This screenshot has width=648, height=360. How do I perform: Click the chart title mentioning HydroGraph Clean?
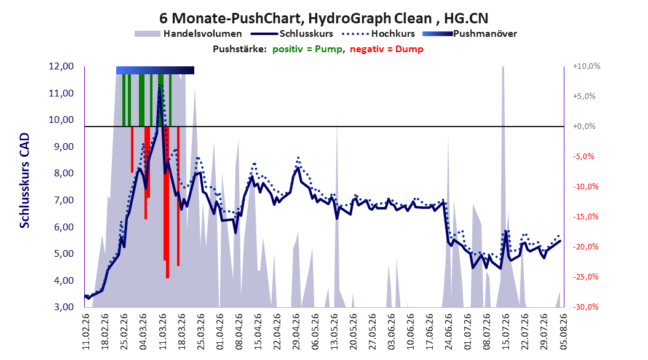pyautogui.click(x=323, y=18)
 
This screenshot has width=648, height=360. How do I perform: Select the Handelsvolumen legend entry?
pyautogui.click(x=189, y=34)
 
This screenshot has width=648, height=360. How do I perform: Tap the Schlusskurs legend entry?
pyautogui.click(x=291, y=34)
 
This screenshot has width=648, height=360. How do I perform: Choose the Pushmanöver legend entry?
pyautogui.click(x=470, y=34)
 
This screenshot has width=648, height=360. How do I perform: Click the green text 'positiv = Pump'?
pyautogui.click(x=307, y=49)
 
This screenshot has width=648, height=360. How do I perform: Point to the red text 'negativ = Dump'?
pyautogui.click(x=387, y=49)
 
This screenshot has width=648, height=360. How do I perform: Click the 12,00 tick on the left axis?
pyautogui.click(x=61, y=66)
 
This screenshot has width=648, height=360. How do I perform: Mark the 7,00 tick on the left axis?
pyautogui.click(x=61, y=200)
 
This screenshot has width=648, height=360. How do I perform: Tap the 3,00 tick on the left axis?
pyautogui.click(x=61, y=307)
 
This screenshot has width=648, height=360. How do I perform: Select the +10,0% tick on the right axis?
pyautogui.click(x=587, y=66)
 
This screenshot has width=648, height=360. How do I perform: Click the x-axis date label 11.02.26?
pyautogui.click(x=85, y=332)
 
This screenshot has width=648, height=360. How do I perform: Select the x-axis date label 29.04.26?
pyautogui.click(x=296, y=332)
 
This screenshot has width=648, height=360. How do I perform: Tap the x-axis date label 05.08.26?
pyautogui.click(x=563, y=332)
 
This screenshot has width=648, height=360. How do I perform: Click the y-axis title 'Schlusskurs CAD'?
pyautogui.click(x=25, y=181)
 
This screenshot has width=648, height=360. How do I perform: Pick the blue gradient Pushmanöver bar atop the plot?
pyautogui.click(x=155, y=70)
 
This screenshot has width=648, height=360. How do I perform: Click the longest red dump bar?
pyautogui.click(x=167, y=202)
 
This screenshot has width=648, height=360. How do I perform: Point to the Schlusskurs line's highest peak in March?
pyautogui.click(x=159, y=88)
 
